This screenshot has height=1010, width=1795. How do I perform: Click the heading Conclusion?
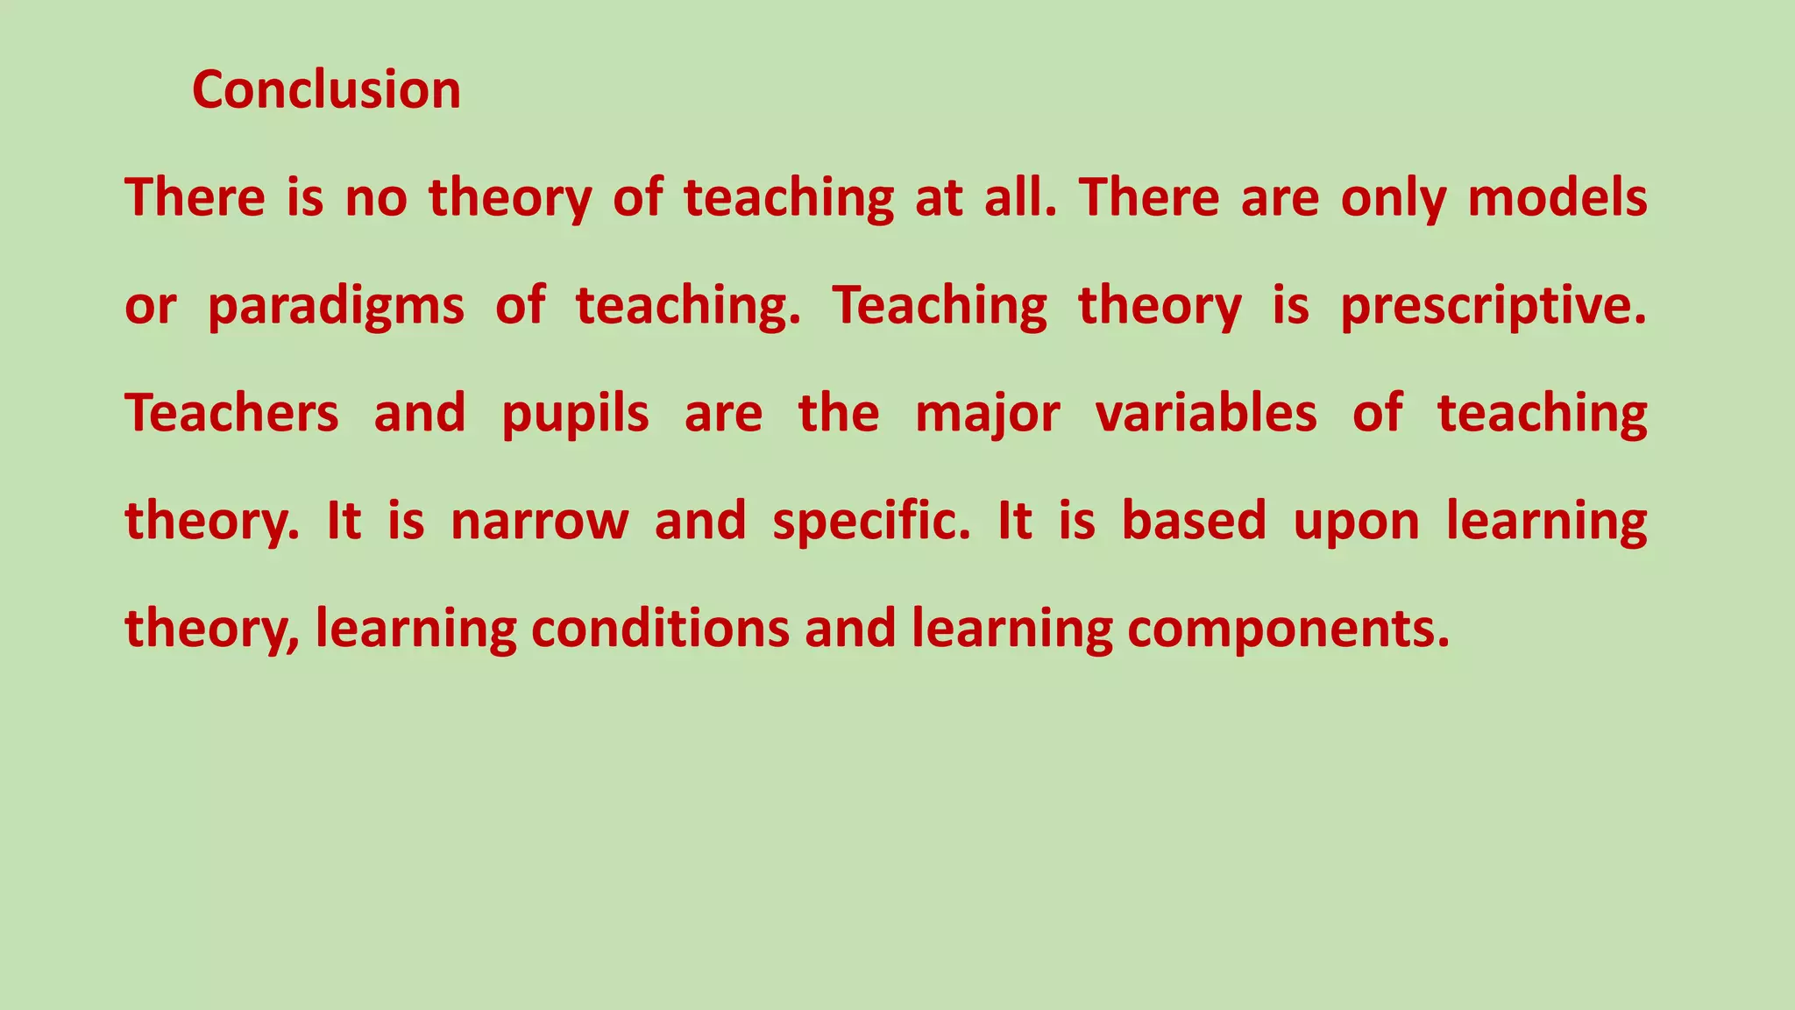(326, 90)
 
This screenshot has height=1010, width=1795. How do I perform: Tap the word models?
(1557, 197)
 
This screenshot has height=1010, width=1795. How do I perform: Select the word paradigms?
(336, 307)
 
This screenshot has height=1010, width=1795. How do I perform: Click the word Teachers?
(231, 413)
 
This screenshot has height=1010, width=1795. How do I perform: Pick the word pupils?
(575, 415)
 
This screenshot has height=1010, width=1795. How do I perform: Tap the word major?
(987, 415)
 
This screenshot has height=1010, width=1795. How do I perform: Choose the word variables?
(1206, 413)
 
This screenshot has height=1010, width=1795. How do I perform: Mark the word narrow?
(539, 521)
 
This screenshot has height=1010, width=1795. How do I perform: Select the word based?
(1194, 521)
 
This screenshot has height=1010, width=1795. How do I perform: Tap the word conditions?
(660, 629)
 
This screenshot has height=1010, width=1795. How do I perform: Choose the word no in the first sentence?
(376, 199)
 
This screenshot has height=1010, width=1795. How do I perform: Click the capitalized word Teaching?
(940, 307)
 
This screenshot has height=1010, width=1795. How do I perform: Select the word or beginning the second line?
(151, 307)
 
